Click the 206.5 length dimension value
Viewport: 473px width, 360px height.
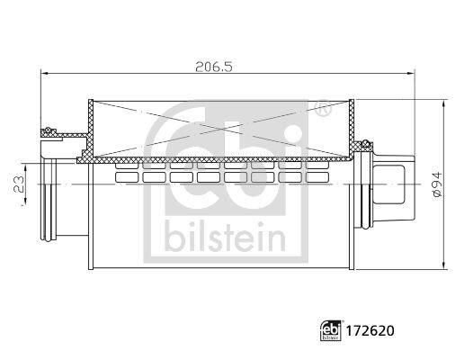pos(214,67)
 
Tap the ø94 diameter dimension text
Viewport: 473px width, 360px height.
pos(437,184)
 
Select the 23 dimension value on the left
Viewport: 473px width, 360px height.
pos(19,184)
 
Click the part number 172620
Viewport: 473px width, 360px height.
pos(370,331)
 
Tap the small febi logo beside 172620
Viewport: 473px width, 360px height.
pos(331,331)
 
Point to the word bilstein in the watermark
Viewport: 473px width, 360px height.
pos(226,237)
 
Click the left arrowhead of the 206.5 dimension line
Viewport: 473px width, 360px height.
pos(44,73)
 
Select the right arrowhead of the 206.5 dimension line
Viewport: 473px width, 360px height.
pos(411,73)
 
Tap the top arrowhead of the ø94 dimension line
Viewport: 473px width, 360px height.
pos(443,105)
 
